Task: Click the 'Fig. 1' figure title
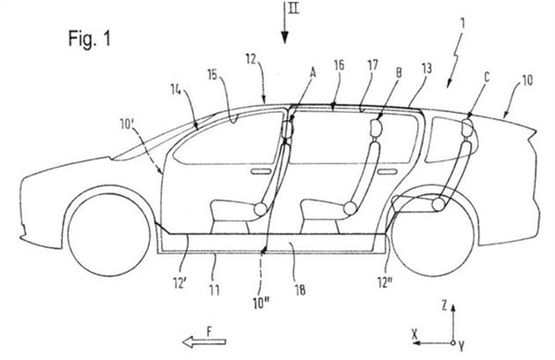[89, 38]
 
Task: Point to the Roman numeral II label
[293, 7]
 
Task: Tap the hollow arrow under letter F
[204, 341]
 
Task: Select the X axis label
[415, 334]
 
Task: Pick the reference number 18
[300, 290]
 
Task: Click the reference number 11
[215, 290]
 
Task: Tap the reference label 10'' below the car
[261, 304]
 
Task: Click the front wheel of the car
[108, 235]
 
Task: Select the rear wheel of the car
[434, 235]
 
